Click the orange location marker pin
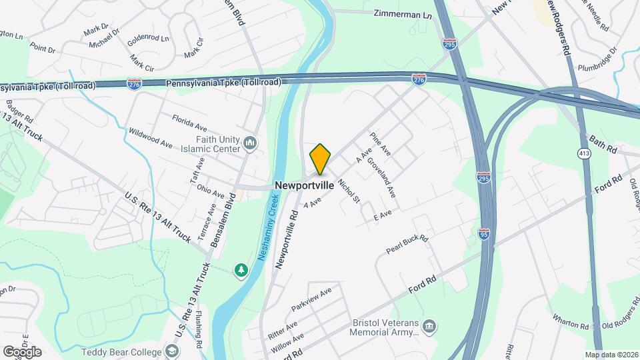coord(320,159)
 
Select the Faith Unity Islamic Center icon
coord(250,143)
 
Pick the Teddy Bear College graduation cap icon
coord(172,351)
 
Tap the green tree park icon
coord(241,270)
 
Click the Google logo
coord(22,351)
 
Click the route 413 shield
coord(583,153)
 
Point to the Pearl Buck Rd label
coord(407,245)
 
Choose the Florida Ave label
coord(189,123)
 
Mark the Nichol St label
coord(349,190)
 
